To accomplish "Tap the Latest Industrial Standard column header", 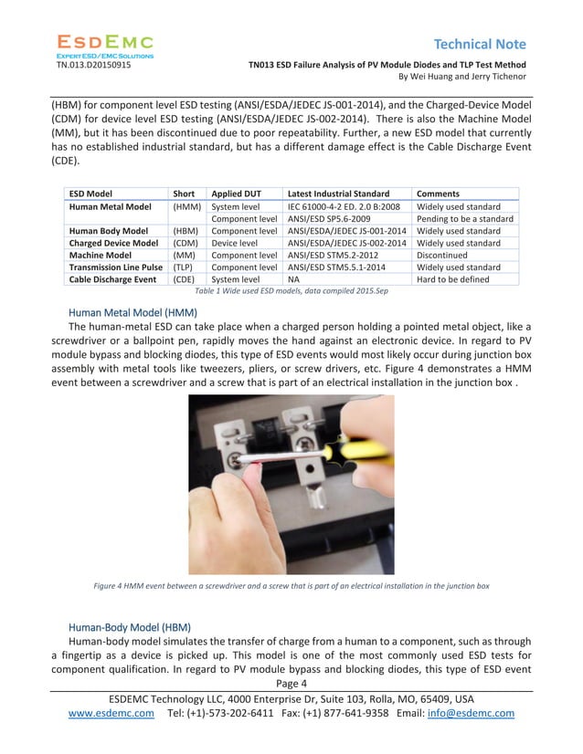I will point(337,194).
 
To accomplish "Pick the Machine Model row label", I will point(103,256).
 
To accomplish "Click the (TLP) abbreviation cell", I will point(183,267).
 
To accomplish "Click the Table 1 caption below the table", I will point(291,291).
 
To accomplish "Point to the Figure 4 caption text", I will point(291,585).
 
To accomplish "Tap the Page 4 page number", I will point(291,684).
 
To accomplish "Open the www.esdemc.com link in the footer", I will point(111,714).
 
